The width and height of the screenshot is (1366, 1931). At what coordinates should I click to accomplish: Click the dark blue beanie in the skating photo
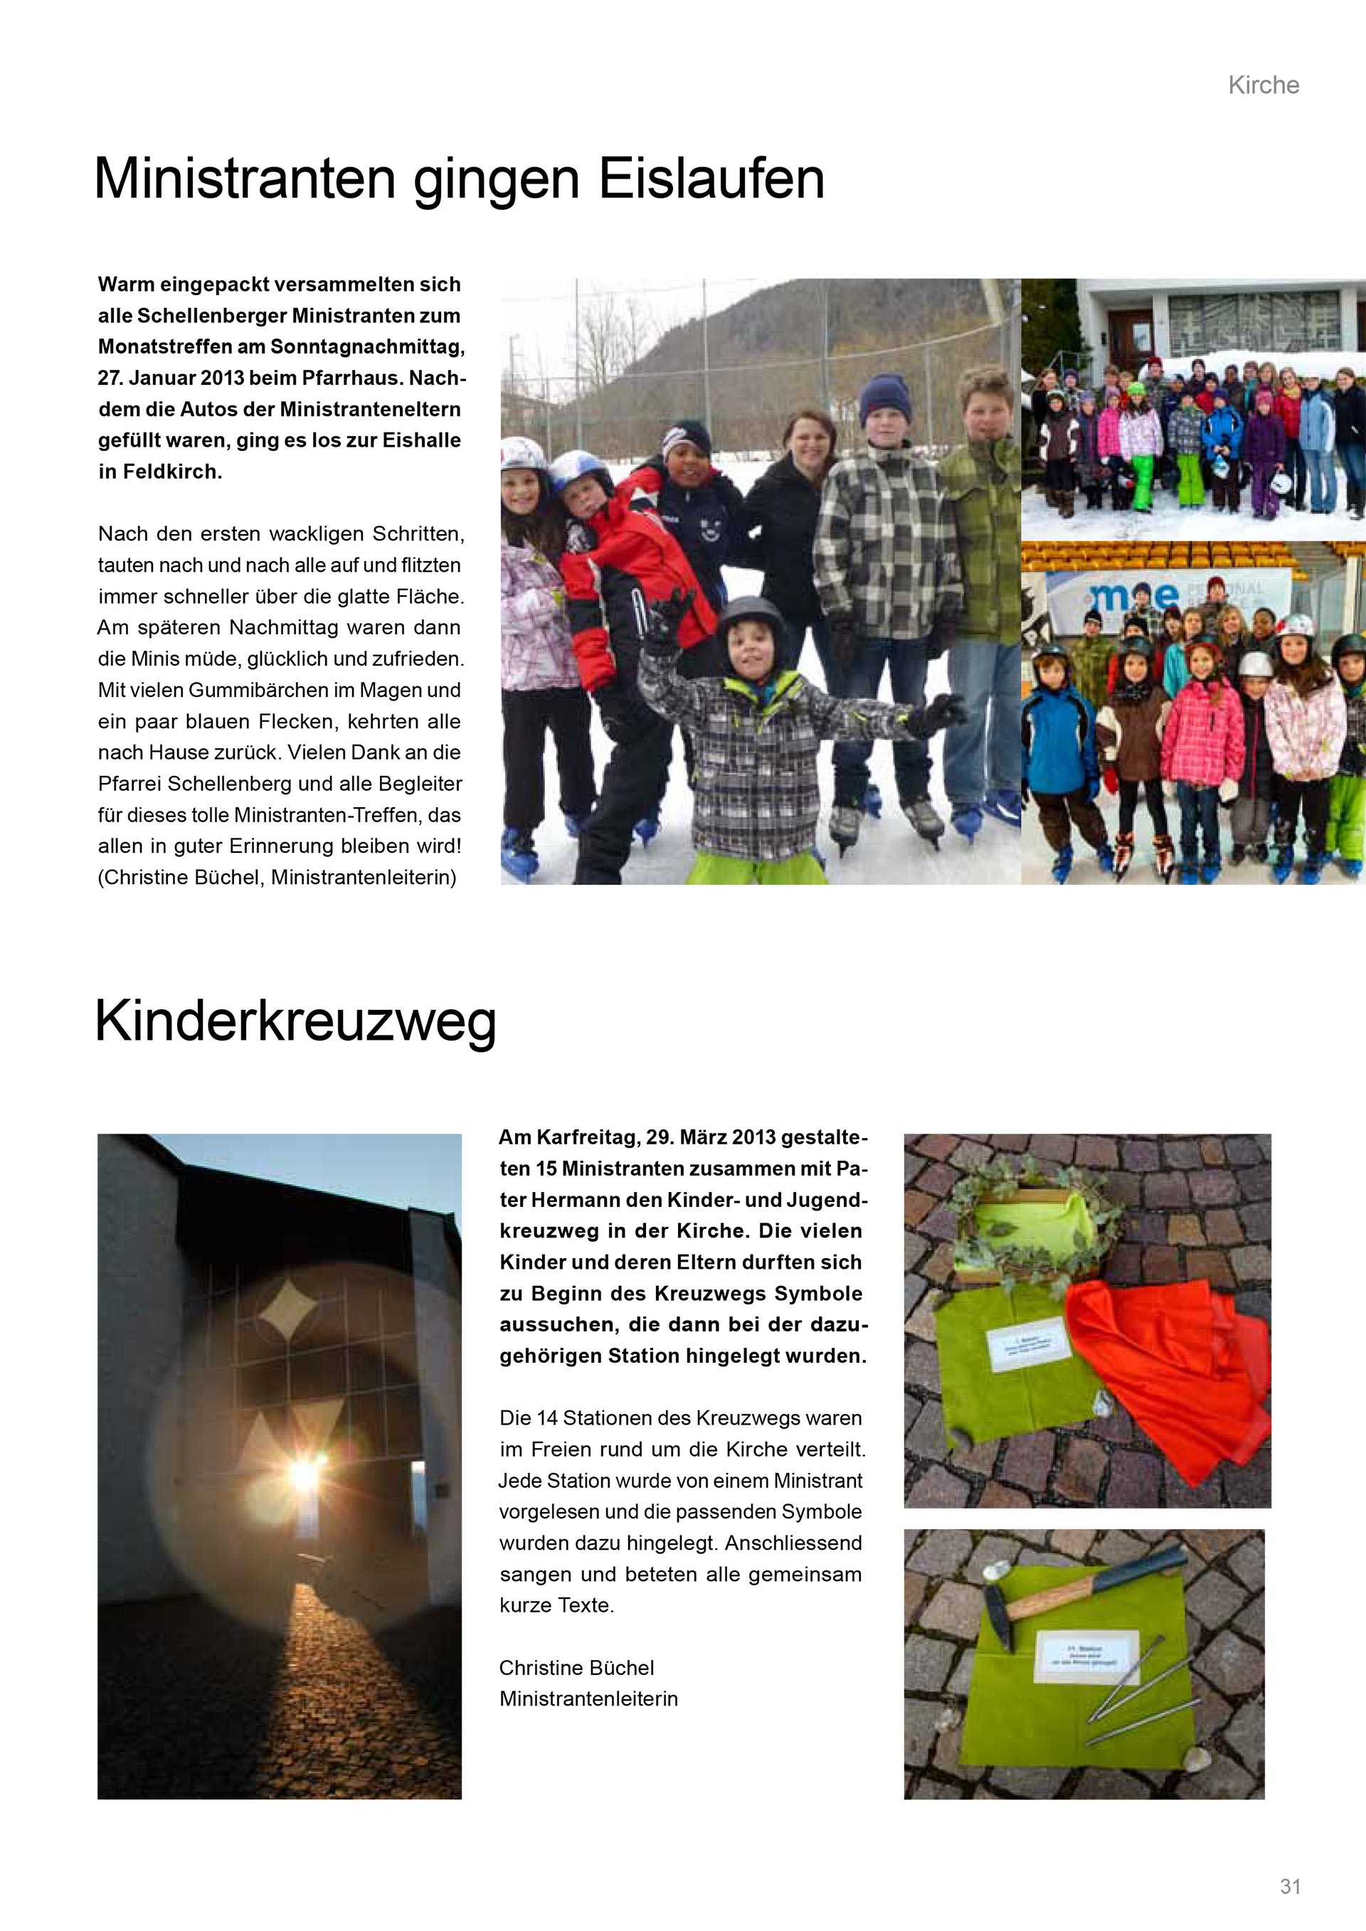tap(885, 399)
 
